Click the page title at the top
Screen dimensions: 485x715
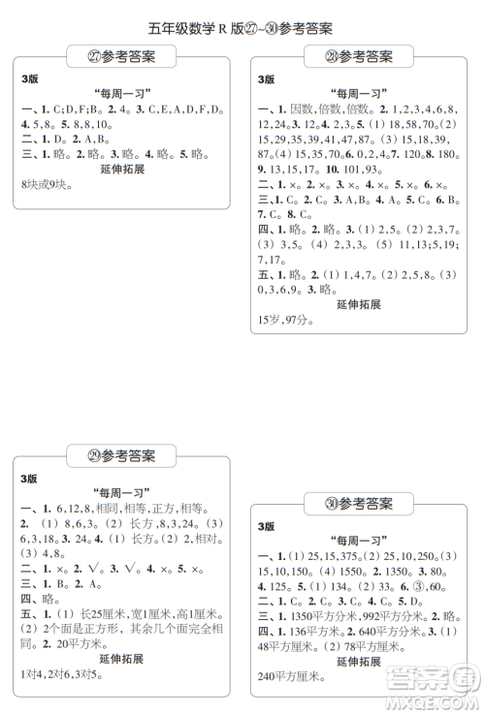click(242, 28)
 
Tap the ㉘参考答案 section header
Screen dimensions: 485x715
click(360, 57)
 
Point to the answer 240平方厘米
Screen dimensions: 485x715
click(290, 675)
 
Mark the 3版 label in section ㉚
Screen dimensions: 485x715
click(266, 525)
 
